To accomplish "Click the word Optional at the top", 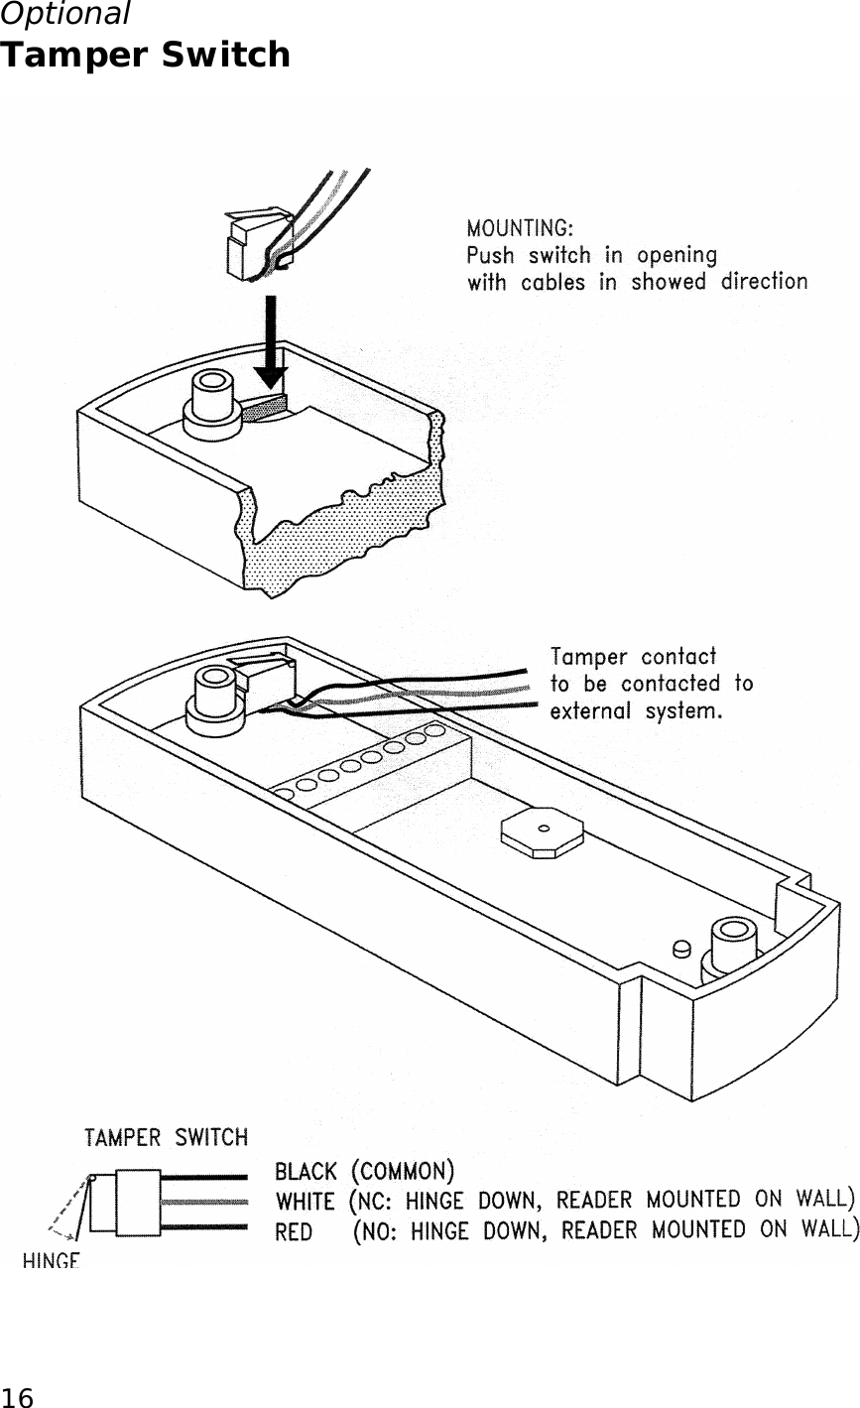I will [x=64, y=14].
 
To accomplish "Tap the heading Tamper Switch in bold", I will [x=145, y=55].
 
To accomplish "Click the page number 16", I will [x=17, y=1397].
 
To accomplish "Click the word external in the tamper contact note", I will [x=593, y=711].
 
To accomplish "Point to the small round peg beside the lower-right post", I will [x=681, y=950].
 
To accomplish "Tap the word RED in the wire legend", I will [x=295, y=1231].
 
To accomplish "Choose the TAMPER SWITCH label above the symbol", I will [x=166, y=1137].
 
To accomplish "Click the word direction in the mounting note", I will [x=763, y=282].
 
